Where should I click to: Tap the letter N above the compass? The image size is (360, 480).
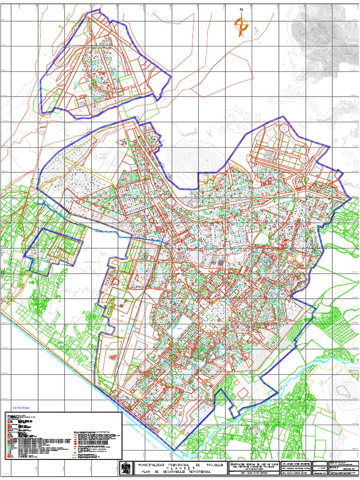tap(241, 9)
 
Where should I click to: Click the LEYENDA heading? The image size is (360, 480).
tap(21, 407)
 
